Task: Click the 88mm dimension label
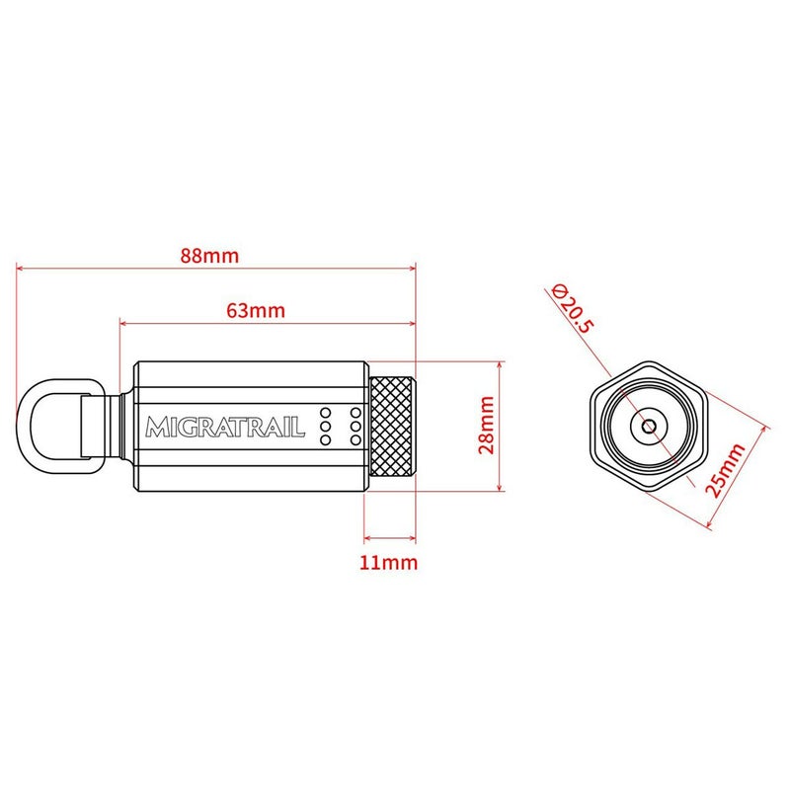209,256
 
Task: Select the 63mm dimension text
256,310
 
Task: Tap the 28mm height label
487,426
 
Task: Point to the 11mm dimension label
388,562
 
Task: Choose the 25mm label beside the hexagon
725,471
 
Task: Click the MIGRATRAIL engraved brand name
225,427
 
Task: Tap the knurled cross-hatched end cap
392,427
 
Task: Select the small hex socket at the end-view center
649,427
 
